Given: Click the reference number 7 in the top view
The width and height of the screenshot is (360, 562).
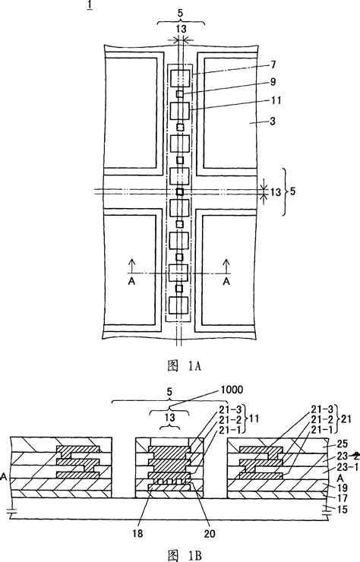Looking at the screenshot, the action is point(273,65).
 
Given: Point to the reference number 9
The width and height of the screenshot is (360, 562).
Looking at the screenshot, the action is point(273,82).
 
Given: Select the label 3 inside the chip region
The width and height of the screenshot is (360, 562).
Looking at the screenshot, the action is point(273,122).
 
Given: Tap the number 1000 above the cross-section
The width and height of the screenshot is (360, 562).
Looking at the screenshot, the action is point(232,390).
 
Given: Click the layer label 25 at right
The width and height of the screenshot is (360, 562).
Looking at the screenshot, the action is point(343,444).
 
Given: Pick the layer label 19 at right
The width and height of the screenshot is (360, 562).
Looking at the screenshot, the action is point(343,488).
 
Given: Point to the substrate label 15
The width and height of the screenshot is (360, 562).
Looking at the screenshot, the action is point(343,509).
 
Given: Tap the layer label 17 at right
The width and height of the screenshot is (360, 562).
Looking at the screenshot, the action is point(343,498).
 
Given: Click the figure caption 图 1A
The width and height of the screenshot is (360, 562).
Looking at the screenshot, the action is point(185,366).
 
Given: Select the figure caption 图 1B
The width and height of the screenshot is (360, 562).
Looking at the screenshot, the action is point(185,555).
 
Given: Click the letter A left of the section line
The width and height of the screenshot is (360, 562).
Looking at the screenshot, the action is point(131,282).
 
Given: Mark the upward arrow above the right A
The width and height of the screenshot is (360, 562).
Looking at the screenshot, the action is point(226,266).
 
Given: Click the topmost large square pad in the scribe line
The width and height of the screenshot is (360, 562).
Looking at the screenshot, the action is point(180,78).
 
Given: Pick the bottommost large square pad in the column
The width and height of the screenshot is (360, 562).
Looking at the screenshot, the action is point(179,305).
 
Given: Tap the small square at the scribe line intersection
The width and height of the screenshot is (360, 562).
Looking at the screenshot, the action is point(180,191).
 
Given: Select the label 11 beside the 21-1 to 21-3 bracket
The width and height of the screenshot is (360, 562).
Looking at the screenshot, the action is point(254,418).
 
